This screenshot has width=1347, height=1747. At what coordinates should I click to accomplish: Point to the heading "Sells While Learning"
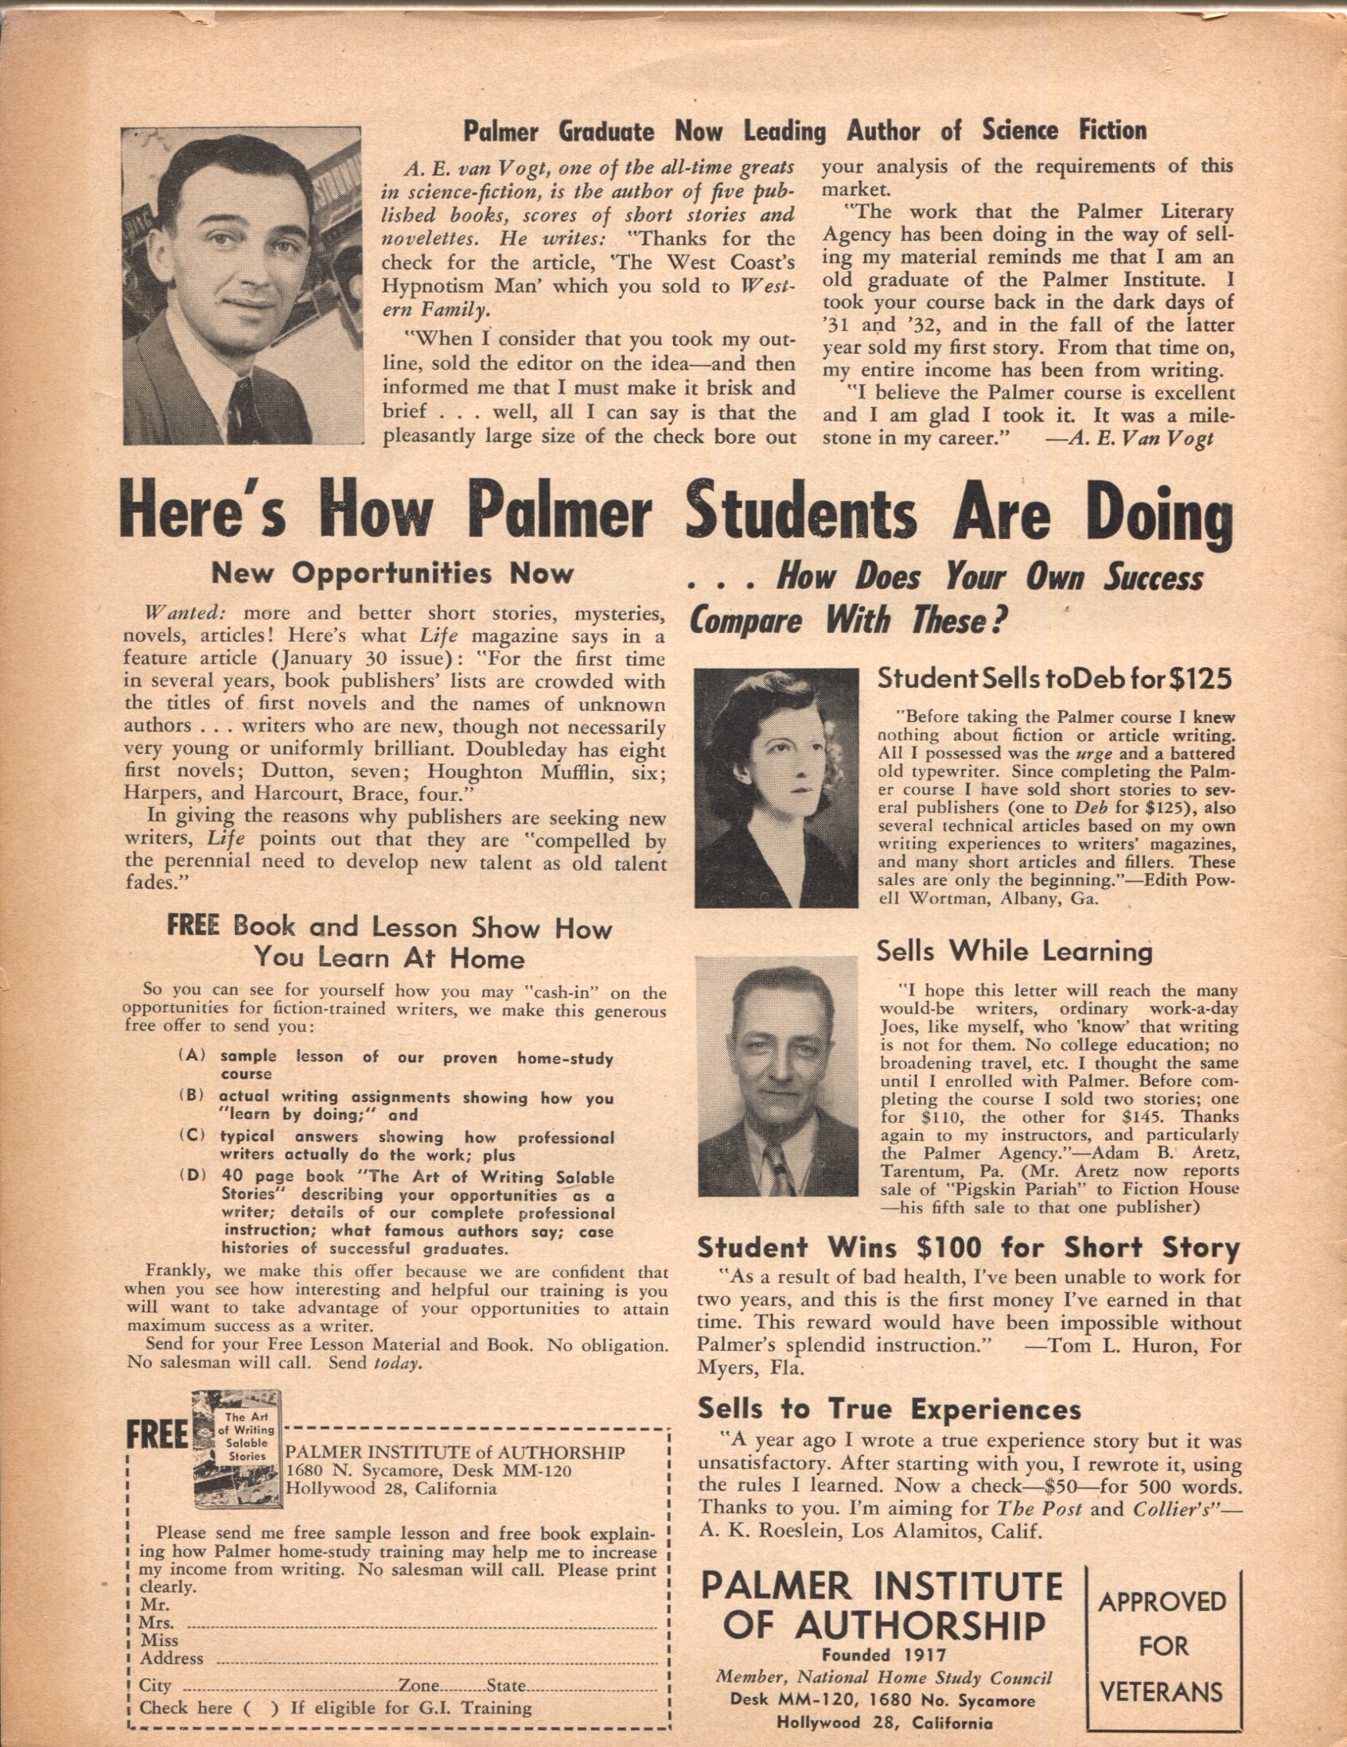1014,951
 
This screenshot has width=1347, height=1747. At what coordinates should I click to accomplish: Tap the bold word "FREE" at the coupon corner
156,1437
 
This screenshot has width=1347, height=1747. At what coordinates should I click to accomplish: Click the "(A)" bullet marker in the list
193,1055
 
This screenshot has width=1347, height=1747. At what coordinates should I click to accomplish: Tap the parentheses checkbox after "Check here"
262,1709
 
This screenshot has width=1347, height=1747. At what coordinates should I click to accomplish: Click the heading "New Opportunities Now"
392,573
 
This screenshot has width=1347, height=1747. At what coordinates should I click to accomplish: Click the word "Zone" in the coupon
419,1686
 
